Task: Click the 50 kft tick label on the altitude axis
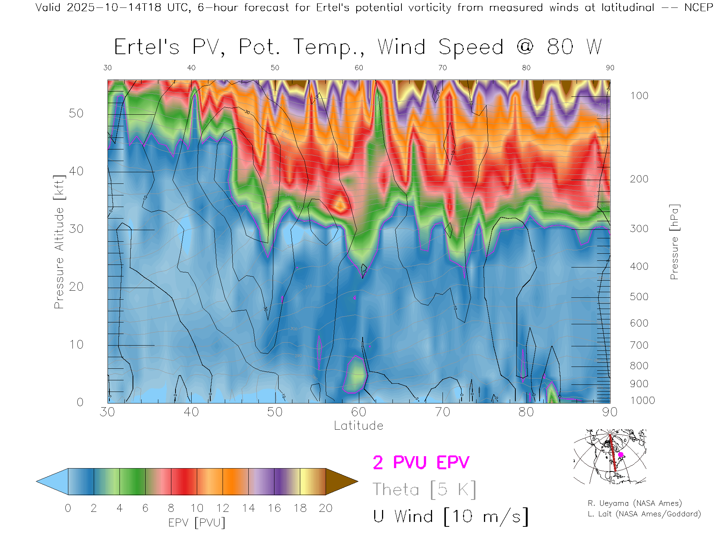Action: (x=76, y=113)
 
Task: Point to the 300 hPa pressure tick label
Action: (x=639, y=229)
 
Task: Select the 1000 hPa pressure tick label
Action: (x=642, y=401)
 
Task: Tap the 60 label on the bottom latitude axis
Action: (x=358, y=412)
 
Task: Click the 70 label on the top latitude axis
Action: (x=442, y=68)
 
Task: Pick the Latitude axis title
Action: (x=358, y=426)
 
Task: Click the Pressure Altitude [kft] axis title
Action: (x=59, y=242)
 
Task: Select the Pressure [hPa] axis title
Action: (x=674, y=242)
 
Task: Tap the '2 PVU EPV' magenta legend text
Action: (x=421, y=463)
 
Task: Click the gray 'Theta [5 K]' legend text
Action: (x=424, y=489)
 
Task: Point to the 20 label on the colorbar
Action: (x=326, y=508)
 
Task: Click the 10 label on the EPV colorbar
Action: (x=197, y=508)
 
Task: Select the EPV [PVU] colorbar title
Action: (x=197, y=523)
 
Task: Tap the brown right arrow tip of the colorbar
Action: (x=342, y=482)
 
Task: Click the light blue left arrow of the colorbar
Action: (x=52, y=482)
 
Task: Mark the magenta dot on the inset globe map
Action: (x=621, y=455)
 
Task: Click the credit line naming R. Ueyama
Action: (x=634, y=503)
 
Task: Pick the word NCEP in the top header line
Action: (x=698, y=7)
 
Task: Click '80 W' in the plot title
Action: (x=574, y=47)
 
